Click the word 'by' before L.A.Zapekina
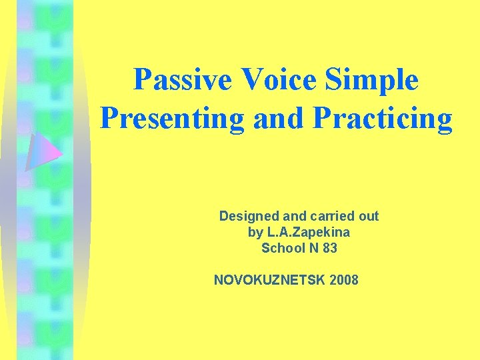(255, 233)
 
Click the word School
(283, 248)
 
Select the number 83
(329, 248)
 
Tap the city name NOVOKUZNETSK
(269, 280)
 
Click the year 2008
(344, 280)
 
